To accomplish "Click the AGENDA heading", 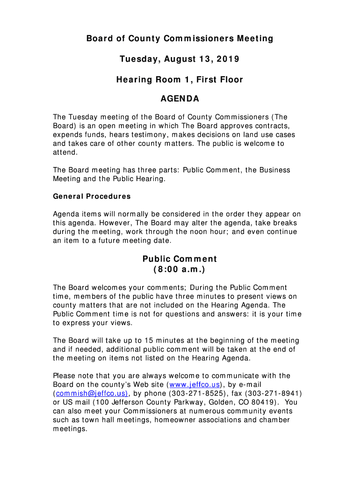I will pyautogui.click(x=180, y=99).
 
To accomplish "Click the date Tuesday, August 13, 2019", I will pyautogui.click(x=180, y=59).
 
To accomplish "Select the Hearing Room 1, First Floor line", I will pyautogui.click(x=180, y=80).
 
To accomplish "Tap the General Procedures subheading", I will pyautogui.click(x=92, y=196).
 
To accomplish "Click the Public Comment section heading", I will pyautogui.click(x=180, y=259).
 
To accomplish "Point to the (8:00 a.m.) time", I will pyautogui.click(x=180, y=270).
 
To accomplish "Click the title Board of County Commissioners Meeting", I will pyautogui.click(x=180, y=39).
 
